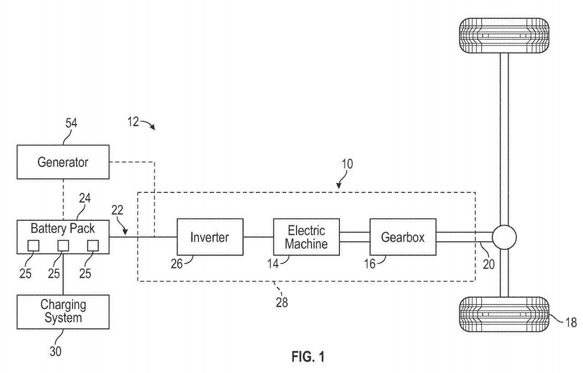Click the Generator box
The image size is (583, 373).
(63, 162)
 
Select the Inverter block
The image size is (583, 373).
(209, 237)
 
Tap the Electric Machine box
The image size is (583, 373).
(307, 237)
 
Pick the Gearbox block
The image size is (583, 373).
(403, 237)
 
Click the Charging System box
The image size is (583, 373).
(63, 311)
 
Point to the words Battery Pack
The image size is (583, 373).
(63, 228)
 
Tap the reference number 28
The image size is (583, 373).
(282, 302)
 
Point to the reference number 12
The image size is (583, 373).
(133, 123)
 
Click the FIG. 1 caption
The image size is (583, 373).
(308, 356)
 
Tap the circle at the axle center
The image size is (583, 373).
(504, 237)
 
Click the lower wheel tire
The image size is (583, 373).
(504, 314)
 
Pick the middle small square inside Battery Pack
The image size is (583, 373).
(63, 245)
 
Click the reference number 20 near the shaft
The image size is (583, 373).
(488, 264)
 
